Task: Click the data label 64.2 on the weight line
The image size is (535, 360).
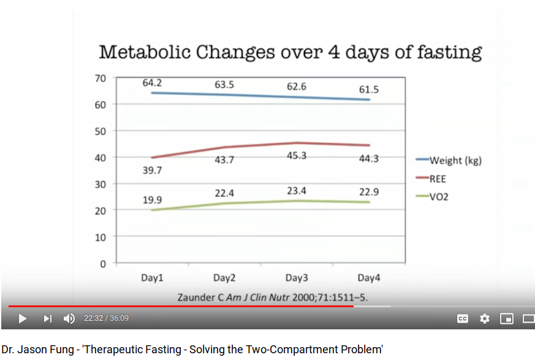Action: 152,83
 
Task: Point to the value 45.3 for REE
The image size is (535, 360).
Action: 297,156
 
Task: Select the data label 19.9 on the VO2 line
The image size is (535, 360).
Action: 152,199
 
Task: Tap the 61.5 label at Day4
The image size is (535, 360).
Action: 369,90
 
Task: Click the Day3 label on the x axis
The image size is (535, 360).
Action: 297,278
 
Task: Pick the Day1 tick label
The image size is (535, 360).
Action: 152,278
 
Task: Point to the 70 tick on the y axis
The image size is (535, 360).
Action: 101,78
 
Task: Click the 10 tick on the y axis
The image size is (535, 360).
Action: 101,237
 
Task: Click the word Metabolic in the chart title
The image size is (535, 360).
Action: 143,52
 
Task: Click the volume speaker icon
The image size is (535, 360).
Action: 69,318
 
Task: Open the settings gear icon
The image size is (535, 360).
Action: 485,318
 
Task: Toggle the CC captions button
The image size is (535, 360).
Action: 463,318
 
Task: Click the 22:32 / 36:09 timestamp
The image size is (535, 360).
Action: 106,318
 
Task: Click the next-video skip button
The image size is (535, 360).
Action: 47,318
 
